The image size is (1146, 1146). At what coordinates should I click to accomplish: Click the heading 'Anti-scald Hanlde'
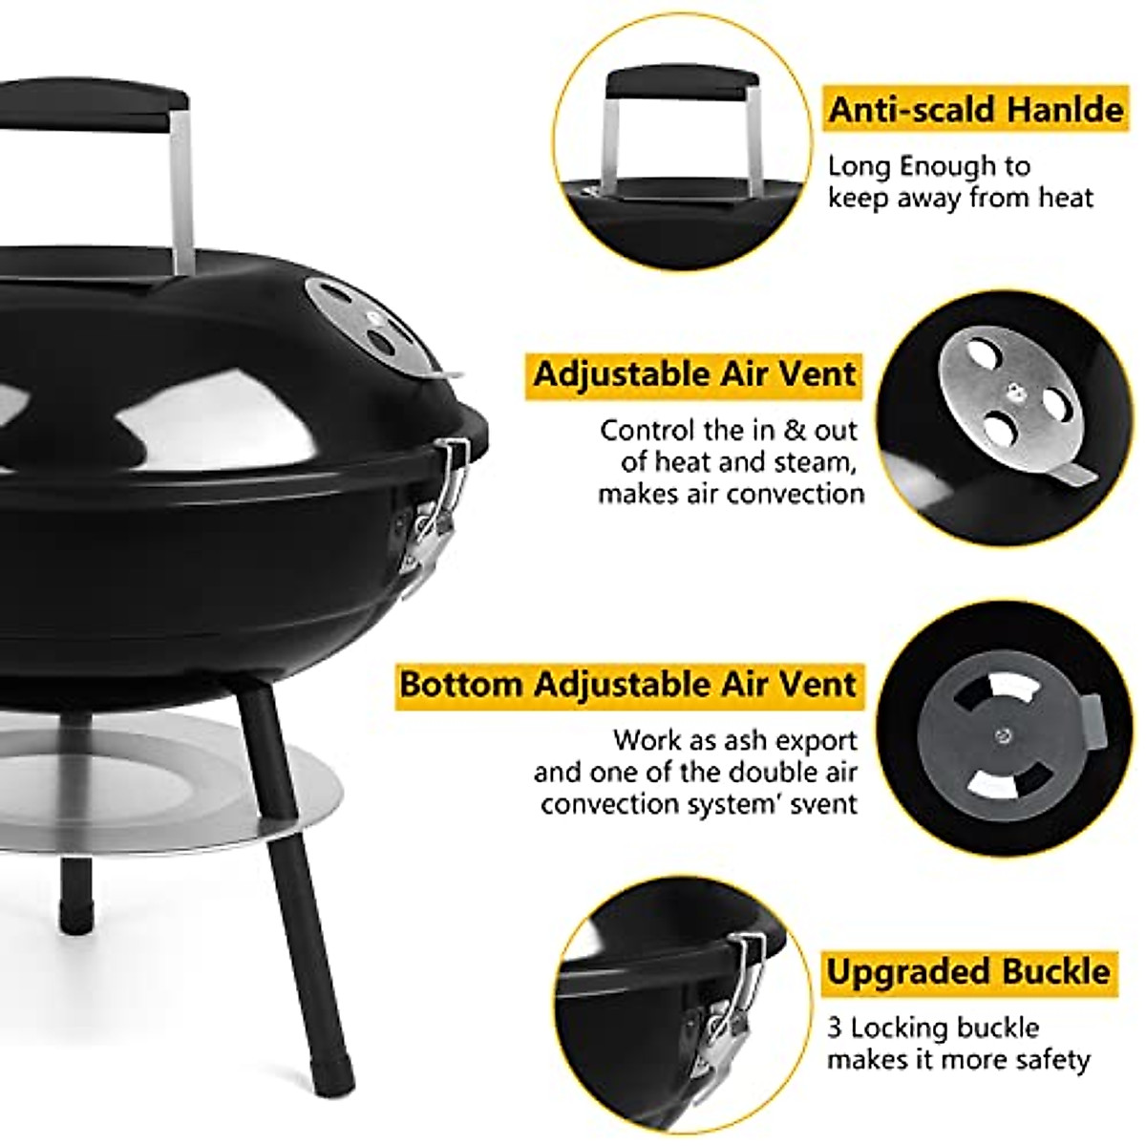975,110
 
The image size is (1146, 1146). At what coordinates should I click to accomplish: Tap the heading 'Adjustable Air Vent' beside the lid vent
694,373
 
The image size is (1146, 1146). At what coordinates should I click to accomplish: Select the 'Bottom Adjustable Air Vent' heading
628,685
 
